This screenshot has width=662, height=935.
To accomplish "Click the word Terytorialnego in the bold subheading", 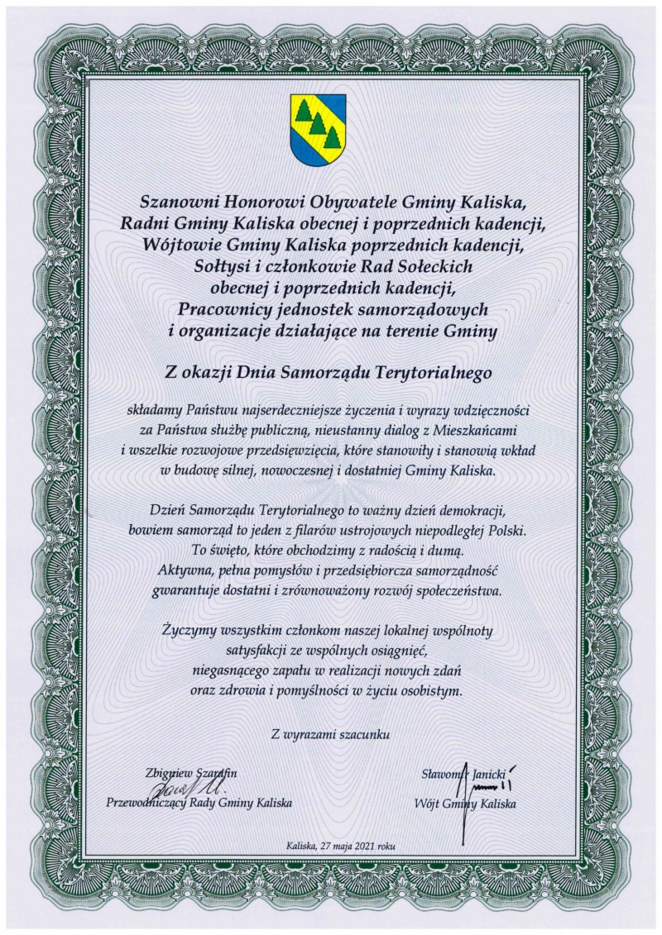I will [x=434, y=373].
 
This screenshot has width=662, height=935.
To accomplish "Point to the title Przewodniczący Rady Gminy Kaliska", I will [x=199, y=803].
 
